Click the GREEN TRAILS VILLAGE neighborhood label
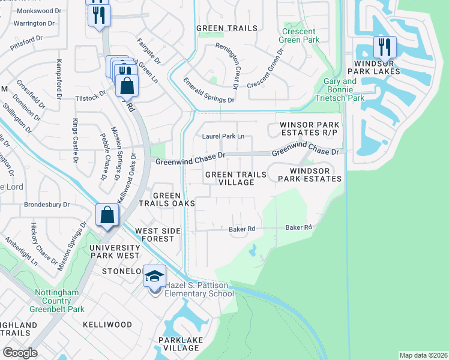235,178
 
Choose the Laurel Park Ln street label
223,136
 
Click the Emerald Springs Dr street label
209,91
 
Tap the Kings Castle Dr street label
75,140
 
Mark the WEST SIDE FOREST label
160,235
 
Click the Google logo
20,353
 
